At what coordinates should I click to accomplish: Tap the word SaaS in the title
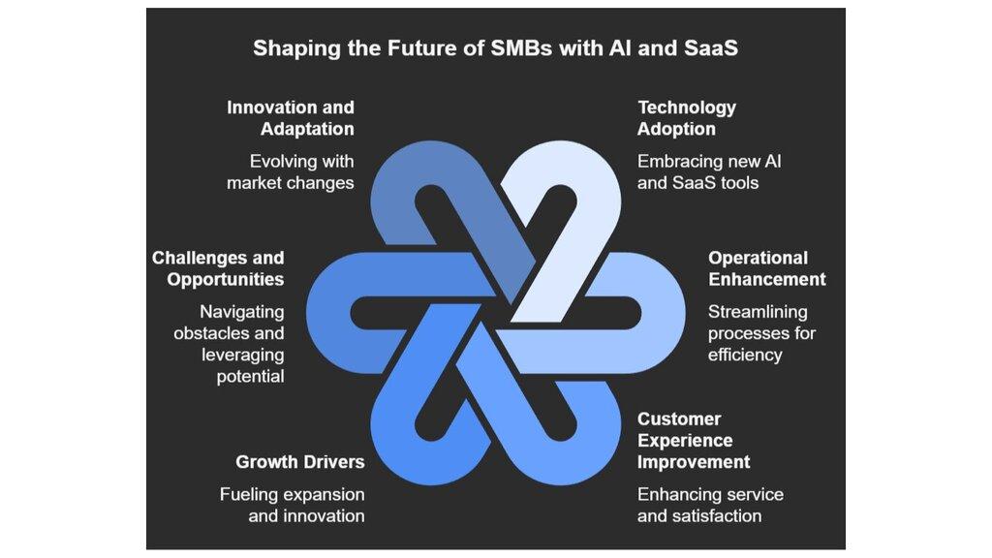705,47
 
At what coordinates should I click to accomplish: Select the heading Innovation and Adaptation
291,118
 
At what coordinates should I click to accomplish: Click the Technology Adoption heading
686,118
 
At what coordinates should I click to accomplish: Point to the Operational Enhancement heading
766,268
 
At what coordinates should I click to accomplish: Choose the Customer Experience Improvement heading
694,440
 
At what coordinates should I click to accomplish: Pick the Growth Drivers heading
300,461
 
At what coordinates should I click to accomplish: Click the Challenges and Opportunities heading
218,268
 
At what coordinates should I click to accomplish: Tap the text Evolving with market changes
291,171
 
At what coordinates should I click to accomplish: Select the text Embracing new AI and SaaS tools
708,171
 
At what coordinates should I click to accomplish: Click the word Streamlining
758,312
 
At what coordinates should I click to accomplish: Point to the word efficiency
744,355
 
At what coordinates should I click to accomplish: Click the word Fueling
250,494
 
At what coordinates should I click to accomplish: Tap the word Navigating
242,312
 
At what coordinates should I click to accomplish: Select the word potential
250,376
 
